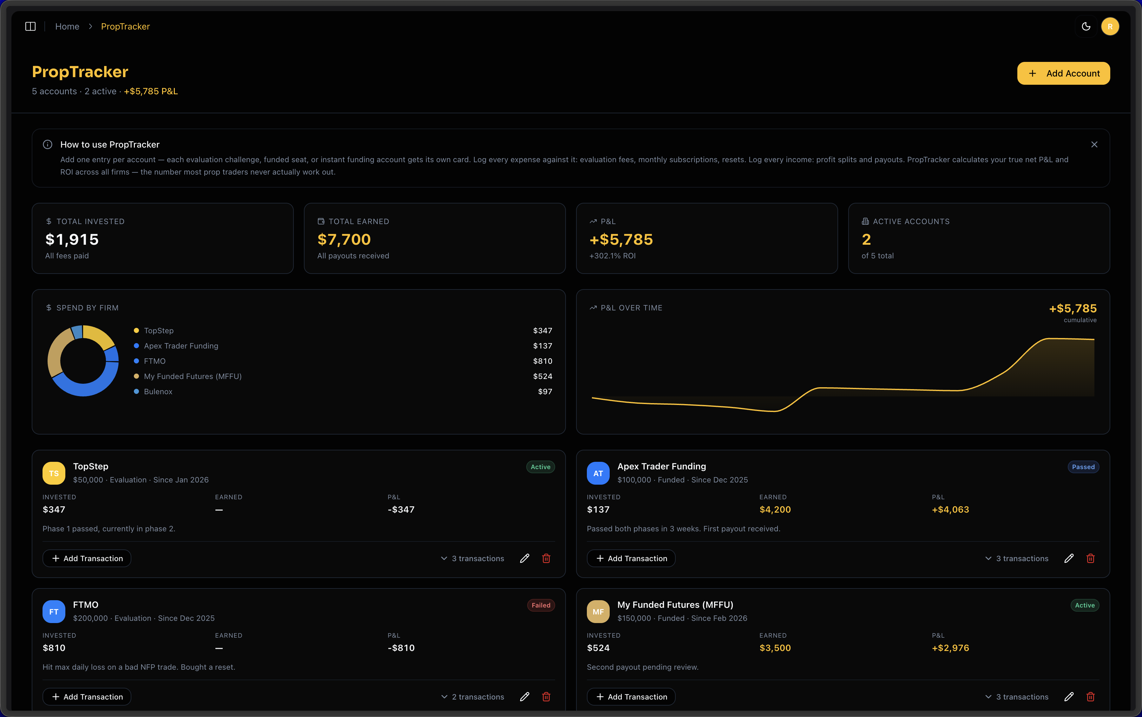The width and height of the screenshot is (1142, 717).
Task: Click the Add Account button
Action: pyautogui.click(x=1063, y=74)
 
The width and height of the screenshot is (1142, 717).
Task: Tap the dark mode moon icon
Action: pyautogui.click(x=1086, y=27)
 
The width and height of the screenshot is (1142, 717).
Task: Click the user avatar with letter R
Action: pyautogui.click(x=1110, y=27)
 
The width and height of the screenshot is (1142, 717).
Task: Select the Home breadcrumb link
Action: pyautogui.click(x=67, y=27)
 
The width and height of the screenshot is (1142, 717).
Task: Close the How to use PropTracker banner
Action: pyautogui.click(x=1094, y=145)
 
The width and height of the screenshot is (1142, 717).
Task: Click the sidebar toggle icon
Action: pyautogui.click(x=30, y=27)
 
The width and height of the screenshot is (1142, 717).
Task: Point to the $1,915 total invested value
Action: pyautogui.click(x=72, y=239)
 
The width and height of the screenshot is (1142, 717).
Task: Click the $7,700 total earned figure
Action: pyautogui.click(x=344, y=239)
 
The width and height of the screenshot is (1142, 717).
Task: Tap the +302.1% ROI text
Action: pyautogui.click(x=612, y=256)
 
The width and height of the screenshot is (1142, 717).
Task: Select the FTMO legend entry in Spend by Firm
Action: pyautogui.click(x=154, y=361)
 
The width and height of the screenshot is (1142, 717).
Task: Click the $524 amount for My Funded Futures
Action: pyautogui.click(x=542, y=376)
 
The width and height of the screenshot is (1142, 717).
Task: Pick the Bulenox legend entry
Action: pyautogui.click(x=158, y=391)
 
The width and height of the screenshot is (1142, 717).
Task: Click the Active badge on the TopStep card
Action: pyautogui.click(x=540, y=467)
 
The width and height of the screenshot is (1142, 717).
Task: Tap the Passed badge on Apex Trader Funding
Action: pyautogui.click(x=1083, y=467)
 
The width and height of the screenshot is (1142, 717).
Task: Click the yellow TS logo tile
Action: pyautogui.click(x=54, y=473)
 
